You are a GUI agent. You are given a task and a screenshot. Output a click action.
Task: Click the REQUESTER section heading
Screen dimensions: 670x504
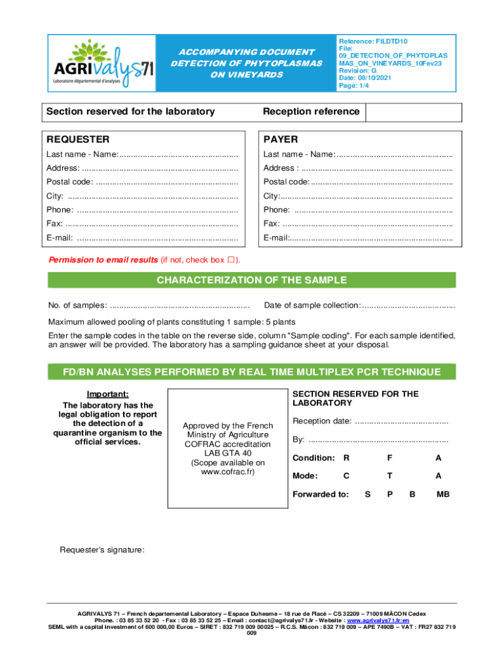click(x=77, y=139)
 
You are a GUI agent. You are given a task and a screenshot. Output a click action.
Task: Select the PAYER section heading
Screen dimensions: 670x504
click(x=280, y=139)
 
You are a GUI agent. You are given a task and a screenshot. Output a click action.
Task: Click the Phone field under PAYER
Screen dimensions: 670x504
click(x=373, y=210)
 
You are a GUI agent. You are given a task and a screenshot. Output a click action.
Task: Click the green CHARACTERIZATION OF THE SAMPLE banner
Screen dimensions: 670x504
click(x=251, y=281)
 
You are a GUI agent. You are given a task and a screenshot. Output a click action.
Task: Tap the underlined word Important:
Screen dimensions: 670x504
click(x=108, y=394)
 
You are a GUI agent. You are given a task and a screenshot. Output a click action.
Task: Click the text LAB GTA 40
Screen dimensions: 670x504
click(x=227, y=453)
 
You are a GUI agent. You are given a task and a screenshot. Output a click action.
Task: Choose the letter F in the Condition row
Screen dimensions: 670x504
click(x=389, y=458)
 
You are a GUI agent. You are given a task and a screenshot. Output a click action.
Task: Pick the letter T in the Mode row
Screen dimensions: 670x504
click(x=389, y=476)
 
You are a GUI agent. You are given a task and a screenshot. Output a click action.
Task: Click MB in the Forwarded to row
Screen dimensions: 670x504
click(x=443, y=495)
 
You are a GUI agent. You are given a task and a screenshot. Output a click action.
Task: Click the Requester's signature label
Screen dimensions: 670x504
click(x=102, y=550)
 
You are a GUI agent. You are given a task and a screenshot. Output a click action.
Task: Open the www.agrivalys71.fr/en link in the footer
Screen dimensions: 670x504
click(x=378, y=620)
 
